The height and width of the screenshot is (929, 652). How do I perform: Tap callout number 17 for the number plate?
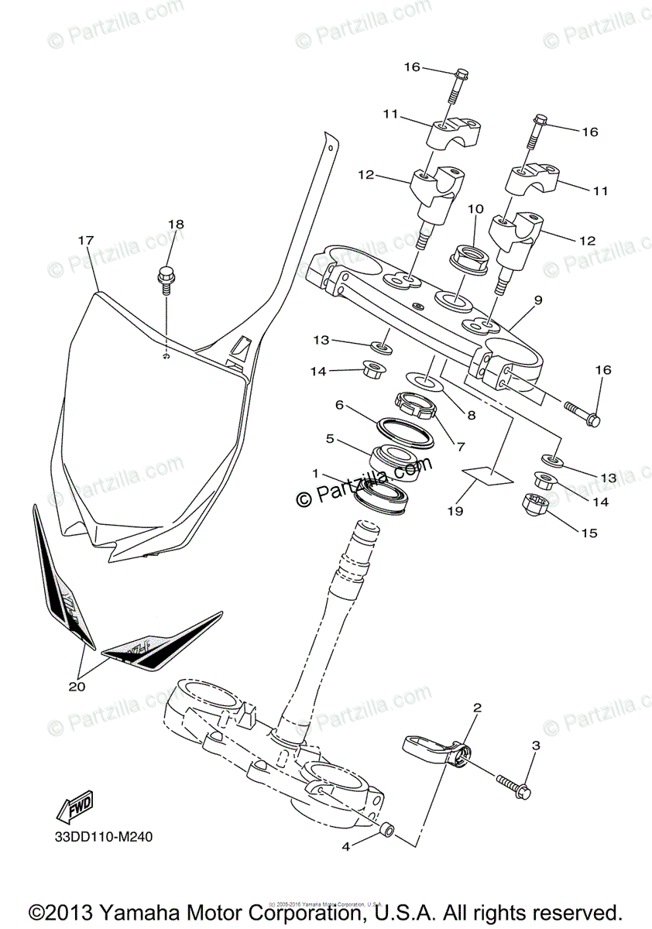(85, 241)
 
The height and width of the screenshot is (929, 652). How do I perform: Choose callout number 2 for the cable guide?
(477, 708)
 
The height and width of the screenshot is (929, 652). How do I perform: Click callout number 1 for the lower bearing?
(315, 472)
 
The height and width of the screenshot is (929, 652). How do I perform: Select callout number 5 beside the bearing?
(329, 439)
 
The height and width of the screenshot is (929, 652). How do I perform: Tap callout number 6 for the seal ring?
(338, 404)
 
